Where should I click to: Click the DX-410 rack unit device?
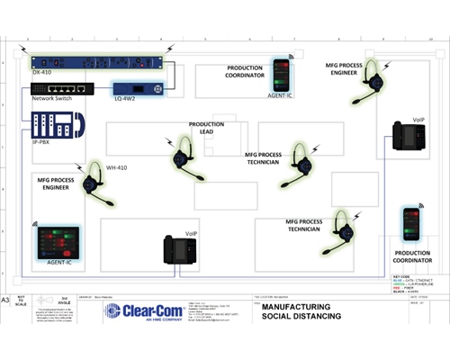tap(97, 61)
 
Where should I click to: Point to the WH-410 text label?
tap(116, 167)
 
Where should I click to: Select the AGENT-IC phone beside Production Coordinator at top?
tap(283, 74)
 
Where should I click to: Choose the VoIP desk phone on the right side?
tap(409, 139)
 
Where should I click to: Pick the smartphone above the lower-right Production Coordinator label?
tap(411, 222)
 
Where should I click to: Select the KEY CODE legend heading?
tap(402, 269)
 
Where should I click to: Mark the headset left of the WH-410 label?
tap(92, 184)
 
